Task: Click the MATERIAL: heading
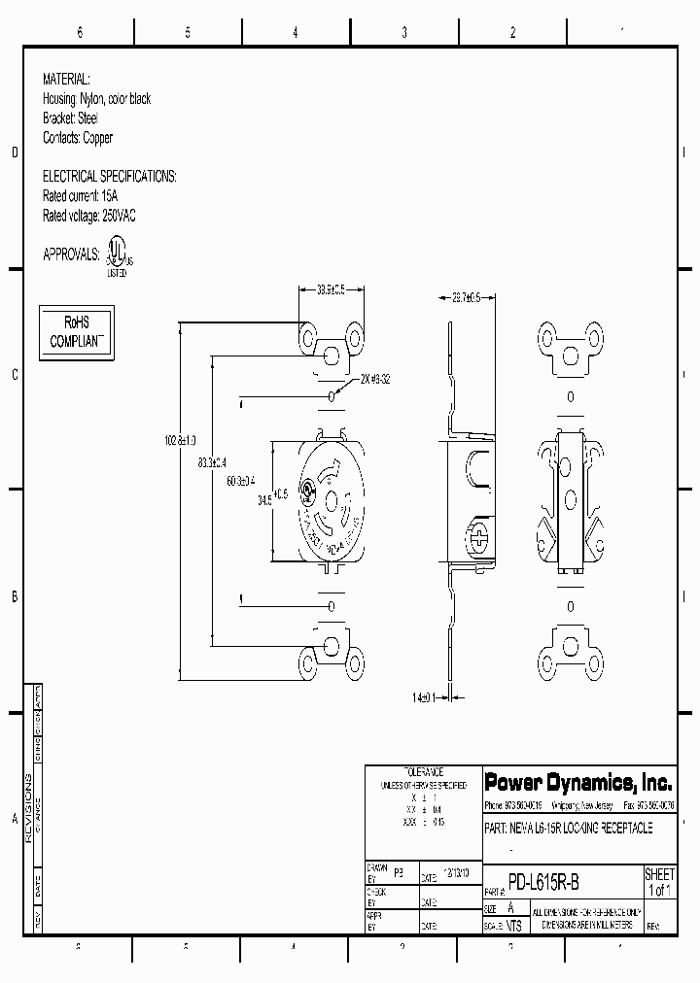66,80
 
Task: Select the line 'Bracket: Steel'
70,119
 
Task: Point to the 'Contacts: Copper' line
77,138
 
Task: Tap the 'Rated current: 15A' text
87,196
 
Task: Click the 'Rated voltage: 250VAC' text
89,216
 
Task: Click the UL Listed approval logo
118,255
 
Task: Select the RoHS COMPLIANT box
76,332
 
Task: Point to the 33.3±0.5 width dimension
332,288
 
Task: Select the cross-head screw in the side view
478,534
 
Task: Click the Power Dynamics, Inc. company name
577,783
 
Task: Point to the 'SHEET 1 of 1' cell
659,883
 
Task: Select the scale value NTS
513,927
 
